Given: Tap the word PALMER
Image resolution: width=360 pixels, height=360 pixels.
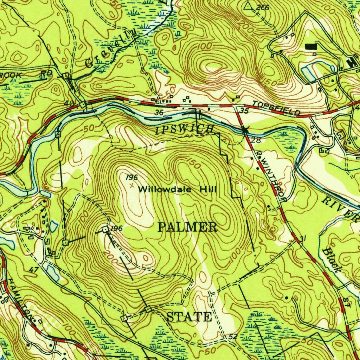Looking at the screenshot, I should coord(188,227).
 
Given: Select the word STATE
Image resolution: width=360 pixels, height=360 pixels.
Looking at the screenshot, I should coord(189,317).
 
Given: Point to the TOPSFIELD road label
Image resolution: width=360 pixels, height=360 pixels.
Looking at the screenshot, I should coord(276,109).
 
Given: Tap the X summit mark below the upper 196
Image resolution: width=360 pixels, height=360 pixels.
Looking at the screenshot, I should coord(132,185).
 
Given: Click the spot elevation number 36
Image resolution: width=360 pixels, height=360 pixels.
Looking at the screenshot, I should coord(159,112).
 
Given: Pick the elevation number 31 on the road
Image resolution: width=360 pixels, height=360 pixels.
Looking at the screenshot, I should coord(303,239).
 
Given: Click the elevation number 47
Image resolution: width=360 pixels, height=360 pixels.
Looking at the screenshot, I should coord(34,270).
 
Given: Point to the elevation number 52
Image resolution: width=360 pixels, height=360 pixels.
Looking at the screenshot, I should coord(232,337).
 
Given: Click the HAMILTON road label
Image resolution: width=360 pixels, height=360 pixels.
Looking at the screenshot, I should coord(22,298).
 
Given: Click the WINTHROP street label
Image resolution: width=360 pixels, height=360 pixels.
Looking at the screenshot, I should coord(272,177).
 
